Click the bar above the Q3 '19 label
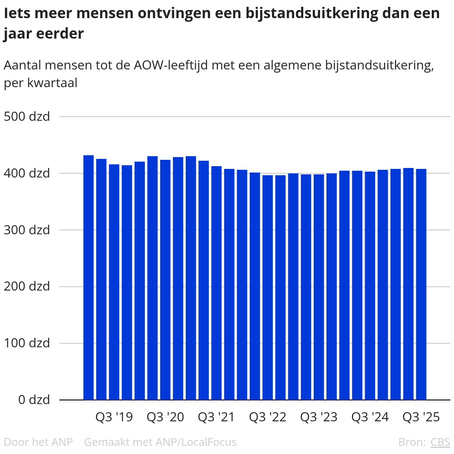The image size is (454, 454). [x=114, y=282]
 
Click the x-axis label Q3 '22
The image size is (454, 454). [x=268, y=417]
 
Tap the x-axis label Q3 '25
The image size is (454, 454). [x=421, y=417]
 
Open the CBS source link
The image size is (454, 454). [x=440, y=442]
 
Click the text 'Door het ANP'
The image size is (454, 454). [x=38, y=442]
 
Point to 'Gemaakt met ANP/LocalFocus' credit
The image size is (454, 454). [x=160, y=442]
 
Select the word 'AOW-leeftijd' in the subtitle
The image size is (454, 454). [x=170, y=66]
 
